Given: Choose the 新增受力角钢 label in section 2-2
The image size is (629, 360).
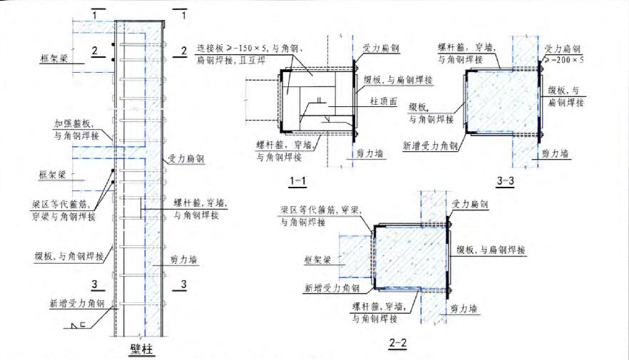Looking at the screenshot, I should coord(332,288).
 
